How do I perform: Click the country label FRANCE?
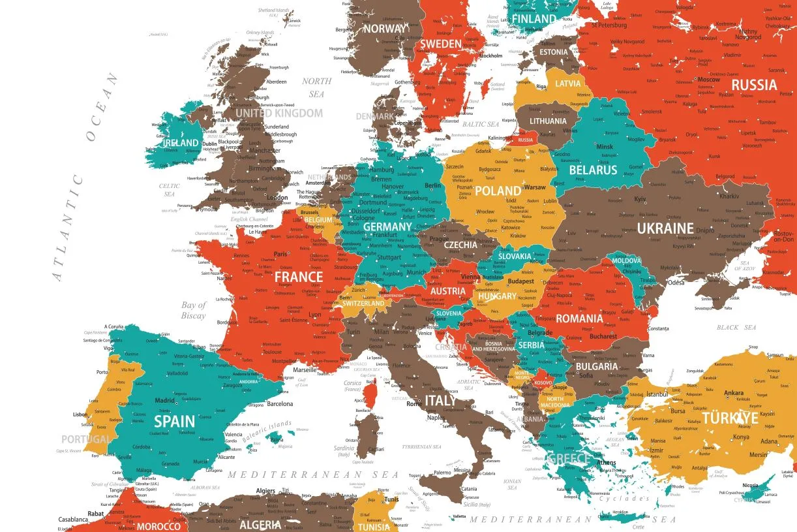coord(299,277)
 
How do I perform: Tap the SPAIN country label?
coord(173,421)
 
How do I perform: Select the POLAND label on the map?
coord(498,191)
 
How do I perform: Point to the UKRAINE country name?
coord(665,228)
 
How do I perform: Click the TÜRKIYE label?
coord(730,418)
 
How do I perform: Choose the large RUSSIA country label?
coord(754,85)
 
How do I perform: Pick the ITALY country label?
coord(440,400)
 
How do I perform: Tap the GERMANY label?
coord(387,227)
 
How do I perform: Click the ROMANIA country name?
coord(579,319)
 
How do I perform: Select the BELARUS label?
coord(592,170)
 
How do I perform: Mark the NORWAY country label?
coord(385,29)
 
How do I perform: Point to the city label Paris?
coord(280,255)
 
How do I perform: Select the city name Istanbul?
coord(657,394)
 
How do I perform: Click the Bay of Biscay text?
coord(194,310)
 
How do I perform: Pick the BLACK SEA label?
coord(736,327)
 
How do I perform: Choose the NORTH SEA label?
coord(316,87)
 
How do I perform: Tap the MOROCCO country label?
coord(158,525)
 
